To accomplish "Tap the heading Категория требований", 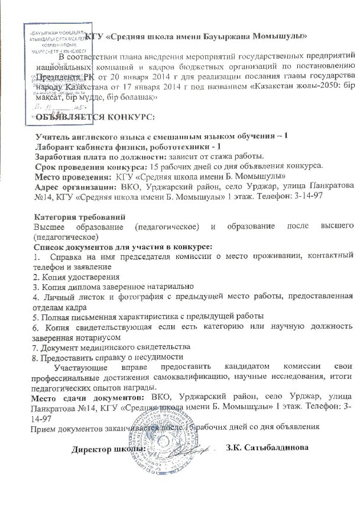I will coord(80,217).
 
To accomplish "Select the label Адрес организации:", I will coord(74,187).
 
